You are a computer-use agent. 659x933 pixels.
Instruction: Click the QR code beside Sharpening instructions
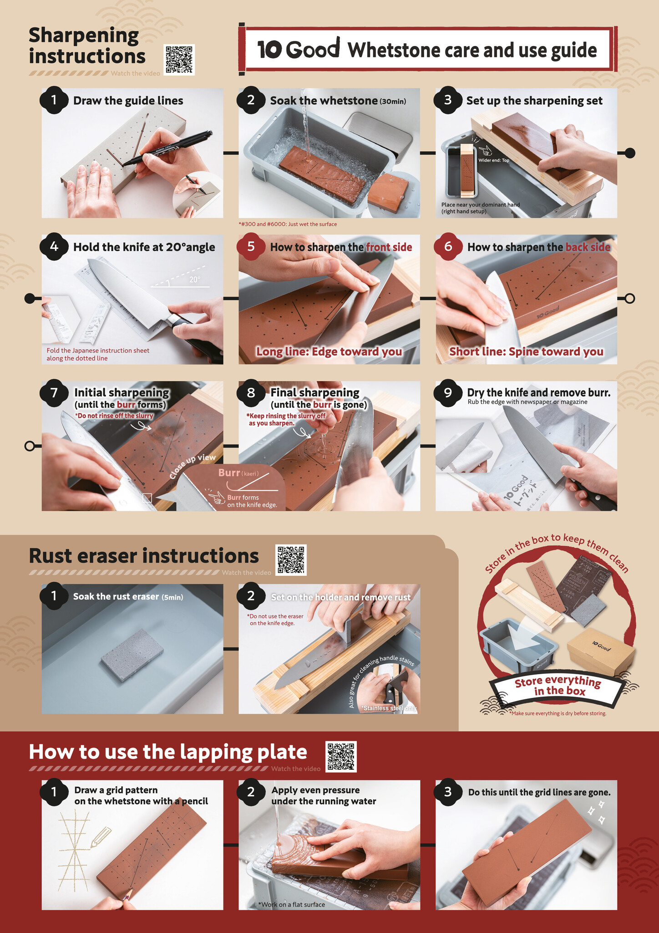tap(179, 60)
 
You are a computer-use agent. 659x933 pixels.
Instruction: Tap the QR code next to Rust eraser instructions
tap(291, 560)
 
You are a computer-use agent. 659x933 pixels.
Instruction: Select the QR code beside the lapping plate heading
tap(341, 757)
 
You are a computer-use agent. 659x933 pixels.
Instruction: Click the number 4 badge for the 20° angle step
tap(54, 247)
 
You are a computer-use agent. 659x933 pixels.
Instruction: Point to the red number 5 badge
tap(251, 247)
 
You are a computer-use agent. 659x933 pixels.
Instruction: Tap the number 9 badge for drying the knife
tap(448, 393)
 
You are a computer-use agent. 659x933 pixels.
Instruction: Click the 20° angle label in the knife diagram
tap(195, 280)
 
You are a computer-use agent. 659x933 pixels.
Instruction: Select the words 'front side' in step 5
tap(389, 247)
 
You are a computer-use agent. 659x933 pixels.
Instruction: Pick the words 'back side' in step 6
tap(588, 247)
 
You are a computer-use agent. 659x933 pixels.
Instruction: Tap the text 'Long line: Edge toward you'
tap(329, 352)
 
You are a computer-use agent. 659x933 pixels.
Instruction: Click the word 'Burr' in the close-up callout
tap(229, 473)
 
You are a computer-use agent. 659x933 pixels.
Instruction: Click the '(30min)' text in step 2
tap(393, 102)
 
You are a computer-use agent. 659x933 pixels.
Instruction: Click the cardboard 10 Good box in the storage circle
tap(601, 652)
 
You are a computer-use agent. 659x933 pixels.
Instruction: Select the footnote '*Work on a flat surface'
tap(291, 904)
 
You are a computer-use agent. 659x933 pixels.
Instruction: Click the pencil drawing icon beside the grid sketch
tap(101, 837)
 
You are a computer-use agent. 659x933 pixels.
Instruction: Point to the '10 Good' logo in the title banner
tap(299, 49)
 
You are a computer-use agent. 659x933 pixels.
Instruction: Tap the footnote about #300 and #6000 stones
tap(288, 224)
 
